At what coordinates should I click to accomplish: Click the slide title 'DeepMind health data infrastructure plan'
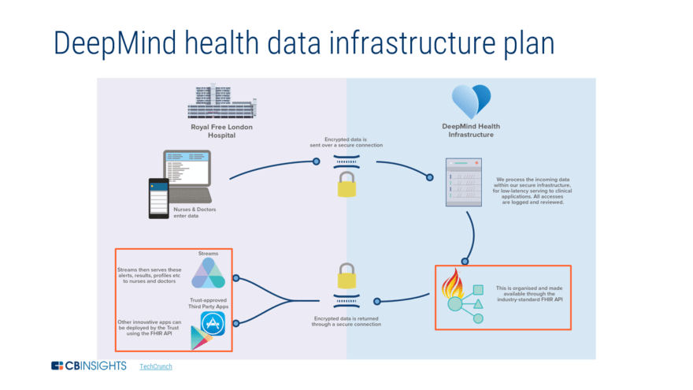coord(303,43)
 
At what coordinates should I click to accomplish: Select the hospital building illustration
coord(222,101)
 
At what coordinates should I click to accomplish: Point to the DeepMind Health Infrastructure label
coord(471,130)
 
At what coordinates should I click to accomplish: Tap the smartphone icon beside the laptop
coord(160,197)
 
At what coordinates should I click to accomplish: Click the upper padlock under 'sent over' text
coord(346,185)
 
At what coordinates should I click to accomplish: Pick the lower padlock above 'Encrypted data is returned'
coord(346,276)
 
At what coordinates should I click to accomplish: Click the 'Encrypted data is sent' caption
coord(346,141)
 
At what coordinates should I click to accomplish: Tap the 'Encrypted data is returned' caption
coord(346,321)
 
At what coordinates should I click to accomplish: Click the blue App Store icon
coord(213,323)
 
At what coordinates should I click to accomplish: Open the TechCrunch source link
coord(156,366)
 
